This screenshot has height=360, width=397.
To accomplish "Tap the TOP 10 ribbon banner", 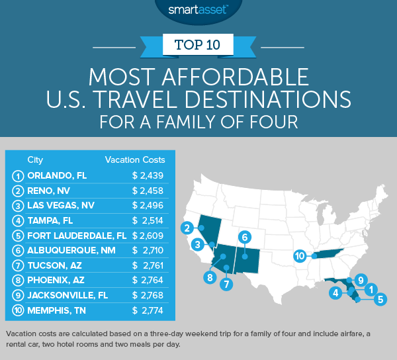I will [x=198, y=45].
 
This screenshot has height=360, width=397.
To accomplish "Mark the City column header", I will [x=35, y=159].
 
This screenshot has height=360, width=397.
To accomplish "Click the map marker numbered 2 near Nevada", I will [x=190, y=228].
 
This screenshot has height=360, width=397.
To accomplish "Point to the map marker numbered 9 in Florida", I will [x=361, y=279].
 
